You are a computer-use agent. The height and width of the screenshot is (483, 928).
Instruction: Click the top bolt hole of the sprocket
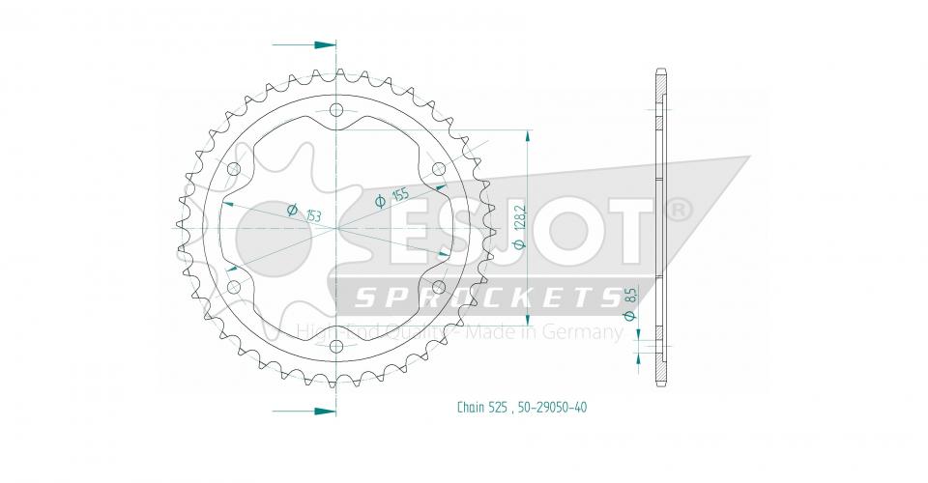pyautogui.click(x=336, y=109)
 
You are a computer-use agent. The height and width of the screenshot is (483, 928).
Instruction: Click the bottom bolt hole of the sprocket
pyautogui.click(x=336, y=347)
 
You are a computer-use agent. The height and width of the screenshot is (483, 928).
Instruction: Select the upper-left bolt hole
pyautogui.click(x=233, y=169)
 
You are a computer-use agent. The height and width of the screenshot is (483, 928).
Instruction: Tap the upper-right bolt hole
pyautogui.click(x=439, y=169)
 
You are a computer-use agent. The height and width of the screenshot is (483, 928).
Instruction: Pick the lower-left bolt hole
pyautogui.click(x=233, y=287)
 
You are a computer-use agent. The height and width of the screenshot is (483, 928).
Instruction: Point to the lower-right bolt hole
pyautogui.click(x=439, y=287)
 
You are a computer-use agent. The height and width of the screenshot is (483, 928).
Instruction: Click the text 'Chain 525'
pyautogui.click(x=480, y=407)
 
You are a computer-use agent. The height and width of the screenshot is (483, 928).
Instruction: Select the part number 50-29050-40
pyautogui.click(x=550, y=407)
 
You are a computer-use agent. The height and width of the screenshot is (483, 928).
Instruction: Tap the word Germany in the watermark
pyautogui.click(x=585, y=332)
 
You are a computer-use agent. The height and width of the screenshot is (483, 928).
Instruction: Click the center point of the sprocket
pyautogui.click(x=336, y=228)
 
